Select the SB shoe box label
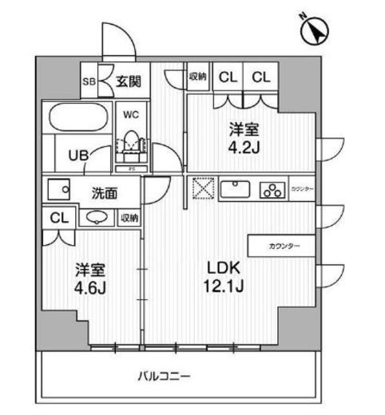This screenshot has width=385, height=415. click(91, 81)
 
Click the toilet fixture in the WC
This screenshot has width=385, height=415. click(130, 144)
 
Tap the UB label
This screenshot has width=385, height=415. click(77, 155)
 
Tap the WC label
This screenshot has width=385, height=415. click(129, 113)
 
